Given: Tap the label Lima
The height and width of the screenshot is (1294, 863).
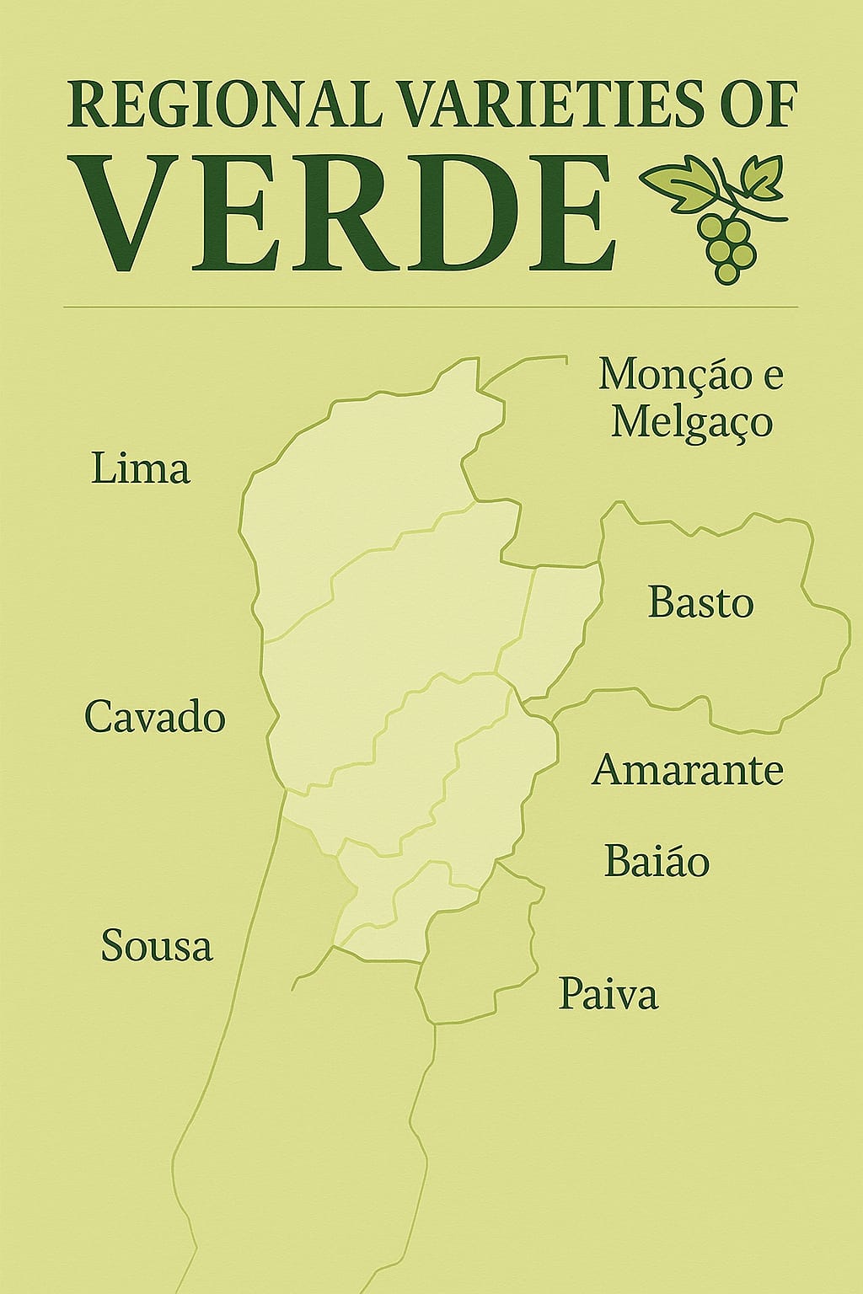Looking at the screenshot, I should (141, 468).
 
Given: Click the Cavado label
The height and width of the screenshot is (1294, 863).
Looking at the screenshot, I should (155, 718).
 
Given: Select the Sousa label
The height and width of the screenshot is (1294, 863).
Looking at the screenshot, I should (157, 945).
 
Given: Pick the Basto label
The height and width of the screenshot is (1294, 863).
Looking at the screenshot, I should (700, 603).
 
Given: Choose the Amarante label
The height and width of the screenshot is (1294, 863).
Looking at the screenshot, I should (688, 770).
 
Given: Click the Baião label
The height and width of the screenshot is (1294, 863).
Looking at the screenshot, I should (657, 861).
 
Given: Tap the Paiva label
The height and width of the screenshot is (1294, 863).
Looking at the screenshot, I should (608, 994).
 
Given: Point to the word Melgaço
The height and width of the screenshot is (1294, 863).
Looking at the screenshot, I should (691, 421).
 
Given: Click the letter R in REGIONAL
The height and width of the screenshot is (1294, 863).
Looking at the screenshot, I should (85, 104).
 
